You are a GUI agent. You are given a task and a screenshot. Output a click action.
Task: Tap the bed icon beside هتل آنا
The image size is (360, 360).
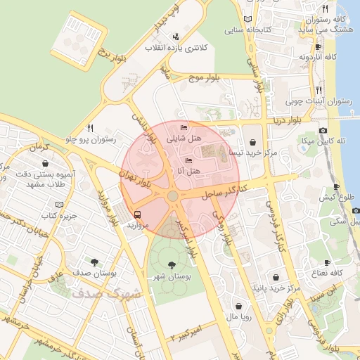188,160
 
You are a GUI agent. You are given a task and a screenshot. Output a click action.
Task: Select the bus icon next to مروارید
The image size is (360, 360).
136,214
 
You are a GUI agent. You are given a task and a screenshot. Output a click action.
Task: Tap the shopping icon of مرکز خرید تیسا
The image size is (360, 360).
254,140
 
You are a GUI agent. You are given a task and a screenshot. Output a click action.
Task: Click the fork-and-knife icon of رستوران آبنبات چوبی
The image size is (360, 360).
319,89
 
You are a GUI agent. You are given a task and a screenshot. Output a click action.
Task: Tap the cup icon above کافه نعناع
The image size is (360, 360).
327,262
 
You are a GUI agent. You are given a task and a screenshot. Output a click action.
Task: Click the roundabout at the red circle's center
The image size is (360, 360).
172,196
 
